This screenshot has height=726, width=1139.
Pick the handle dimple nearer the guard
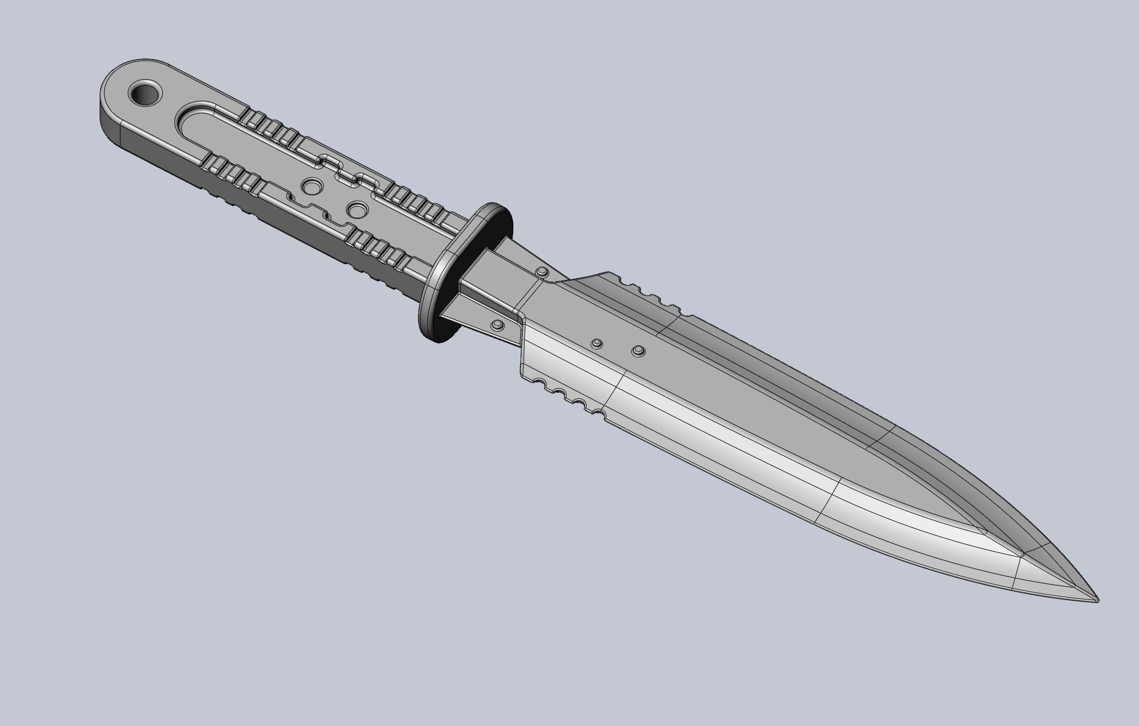[x=358, y=210]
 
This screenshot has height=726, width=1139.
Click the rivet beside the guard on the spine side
[x=541, y=271]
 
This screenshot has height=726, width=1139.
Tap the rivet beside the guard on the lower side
[x=497, y=325]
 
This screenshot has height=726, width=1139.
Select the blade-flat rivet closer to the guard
[x=597, y=344]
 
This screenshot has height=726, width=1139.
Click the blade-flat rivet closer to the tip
[x=638, y=350]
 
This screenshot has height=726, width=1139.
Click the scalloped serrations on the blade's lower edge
[x=567, y=395]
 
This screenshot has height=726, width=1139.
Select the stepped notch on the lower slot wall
[x=312, y=209]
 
